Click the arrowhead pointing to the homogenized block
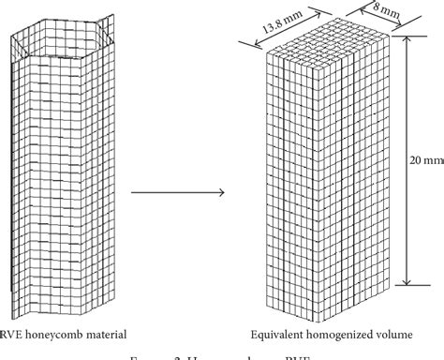click(222, 193)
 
